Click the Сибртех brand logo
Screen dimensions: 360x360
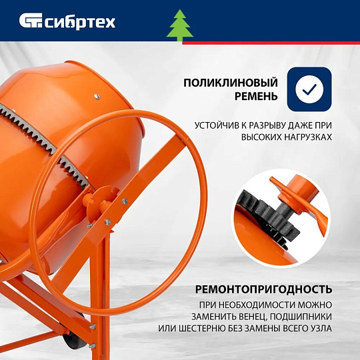67,21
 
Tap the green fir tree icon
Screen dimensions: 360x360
180,25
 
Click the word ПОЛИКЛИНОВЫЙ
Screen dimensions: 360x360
231,83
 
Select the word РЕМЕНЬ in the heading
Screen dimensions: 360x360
256,96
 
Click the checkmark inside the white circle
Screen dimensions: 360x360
309,89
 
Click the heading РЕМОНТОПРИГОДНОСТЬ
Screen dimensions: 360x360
263,289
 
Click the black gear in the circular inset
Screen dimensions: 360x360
269,218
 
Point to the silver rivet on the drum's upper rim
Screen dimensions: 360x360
97,96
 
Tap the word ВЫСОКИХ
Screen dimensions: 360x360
261,137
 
